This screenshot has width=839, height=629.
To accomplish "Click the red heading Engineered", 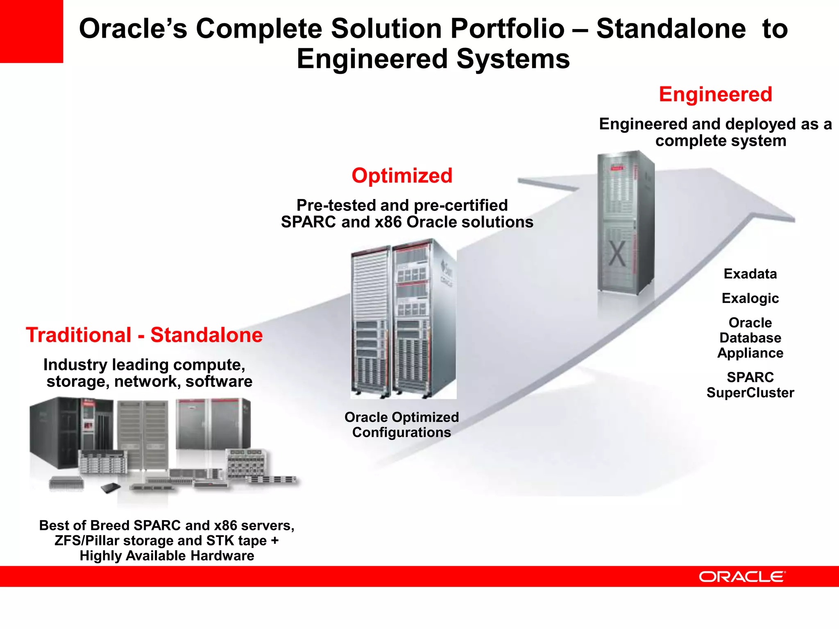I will pyautogui.click(x=715, y=95).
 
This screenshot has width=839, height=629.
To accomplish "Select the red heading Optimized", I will pyautogui.click(x=402, y=176).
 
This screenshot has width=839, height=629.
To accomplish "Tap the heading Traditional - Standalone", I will pyautogui.click(x=144, y=335).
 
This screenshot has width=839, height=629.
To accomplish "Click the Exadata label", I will pyautogui.click(x=750, y=274).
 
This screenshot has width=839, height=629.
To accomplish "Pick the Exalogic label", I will pyautogui.click(x=750, y=298).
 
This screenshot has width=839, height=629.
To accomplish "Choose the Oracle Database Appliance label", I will pyautogui.click(x=750, y=338).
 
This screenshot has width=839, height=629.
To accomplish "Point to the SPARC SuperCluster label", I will pyautogui.click(x=750, y=385).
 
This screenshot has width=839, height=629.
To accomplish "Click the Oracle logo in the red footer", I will pyautogui.click(x=742, y=577).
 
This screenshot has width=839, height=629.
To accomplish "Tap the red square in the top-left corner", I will pyautogui.click(x=31, y=31).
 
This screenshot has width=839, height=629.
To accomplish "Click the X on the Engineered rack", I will pyautogui.click(x=617, y=253).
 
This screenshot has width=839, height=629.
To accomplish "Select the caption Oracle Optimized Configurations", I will pyautogui.click(x=401, y=425).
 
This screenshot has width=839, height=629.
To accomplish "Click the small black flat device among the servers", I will pyautogui.click(x=111, y=488).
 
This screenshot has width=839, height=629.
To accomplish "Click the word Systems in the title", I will pyautogui.click(x=513, y=59).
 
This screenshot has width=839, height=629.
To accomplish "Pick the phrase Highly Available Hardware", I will pyautogui.click(x=167, y=556).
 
